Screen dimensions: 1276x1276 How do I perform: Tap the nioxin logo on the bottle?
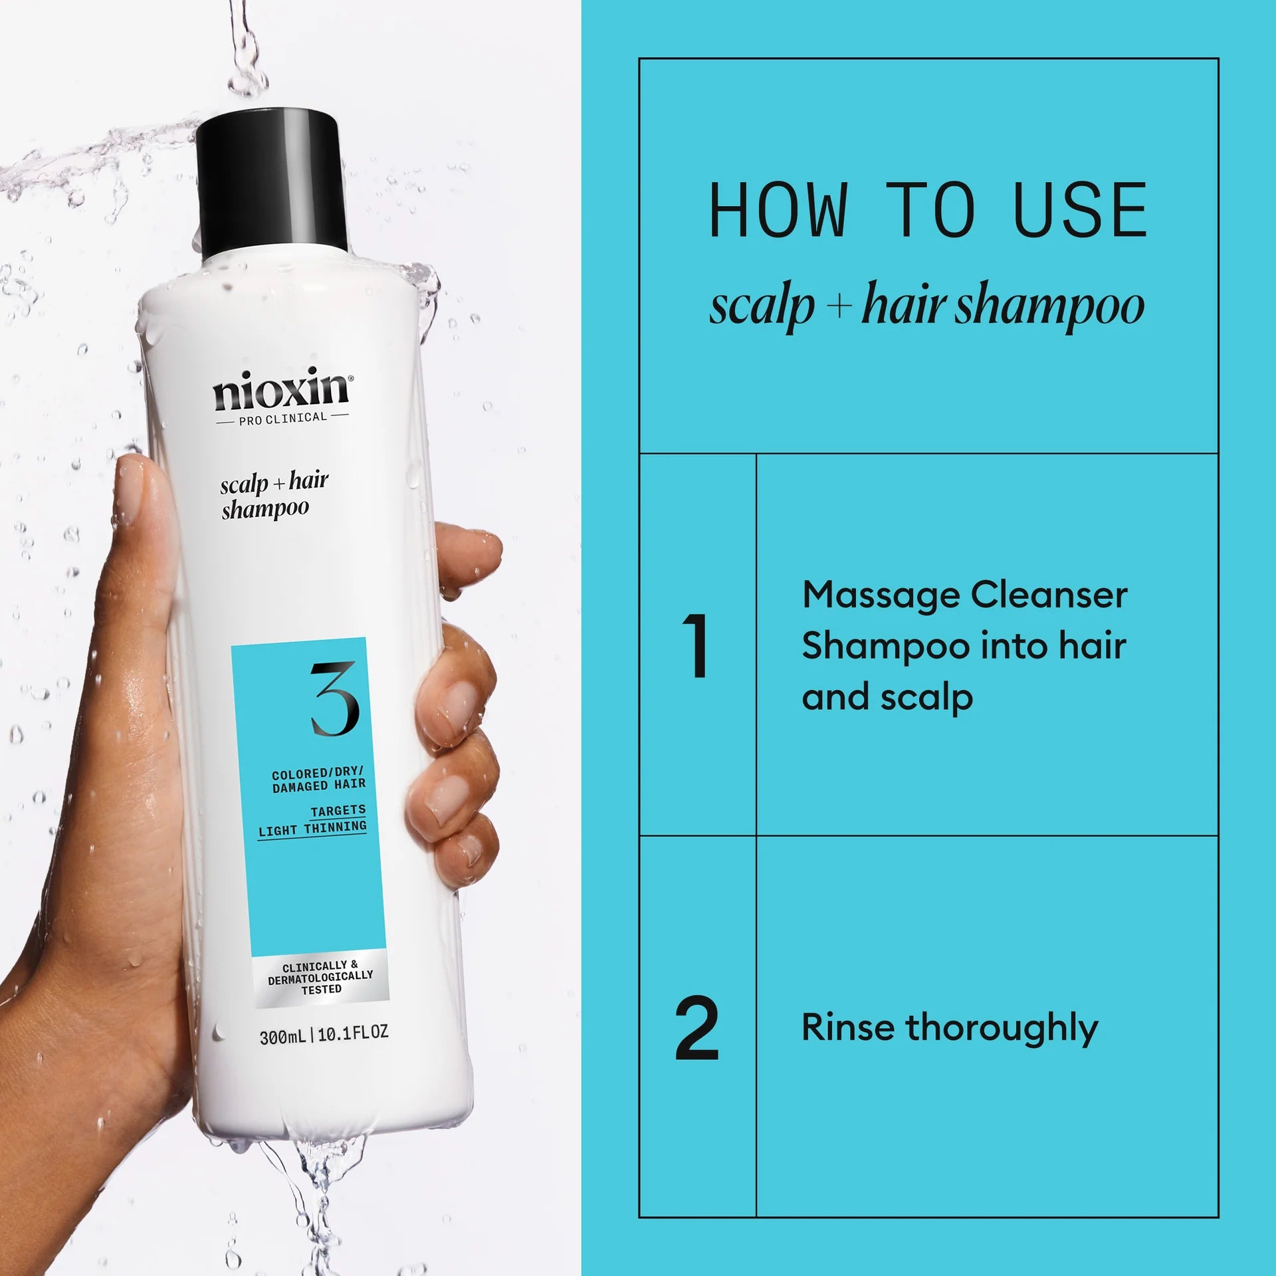280,391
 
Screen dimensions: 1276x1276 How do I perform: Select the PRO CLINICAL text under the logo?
282,418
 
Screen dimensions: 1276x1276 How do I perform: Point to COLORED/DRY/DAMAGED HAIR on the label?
318,780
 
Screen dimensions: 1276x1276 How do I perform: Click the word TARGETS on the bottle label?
338,810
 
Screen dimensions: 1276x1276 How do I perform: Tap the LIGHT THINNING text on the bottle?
312,829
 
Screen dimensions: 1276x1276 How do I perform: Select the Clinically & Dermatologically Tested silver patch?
320,977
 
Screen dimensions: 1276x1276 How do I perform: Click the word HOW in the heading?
778,211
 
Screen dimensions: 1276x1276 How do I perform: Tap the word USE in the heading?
1081,211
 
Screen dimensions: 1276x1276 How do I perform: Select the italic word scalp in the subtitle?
762,307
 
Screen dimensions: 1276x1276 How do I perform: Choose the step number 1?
696,645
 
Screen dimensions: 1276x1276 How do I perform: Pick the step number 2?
696,1028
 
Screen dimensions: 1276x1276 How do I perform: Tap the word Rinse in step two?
848,1027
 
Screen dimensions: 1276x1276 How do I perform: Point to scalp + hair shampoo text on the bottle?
274,495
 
